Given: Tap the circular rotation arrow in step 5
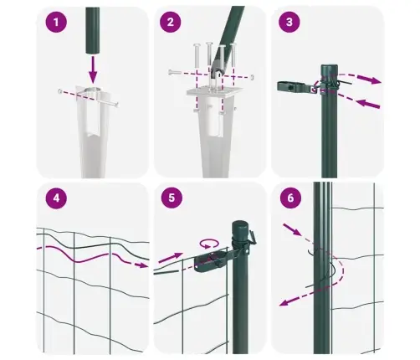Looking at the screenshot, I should click(x=208, y=243).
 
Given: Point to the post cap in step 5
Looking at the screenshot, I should click(x=241, y=226).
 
